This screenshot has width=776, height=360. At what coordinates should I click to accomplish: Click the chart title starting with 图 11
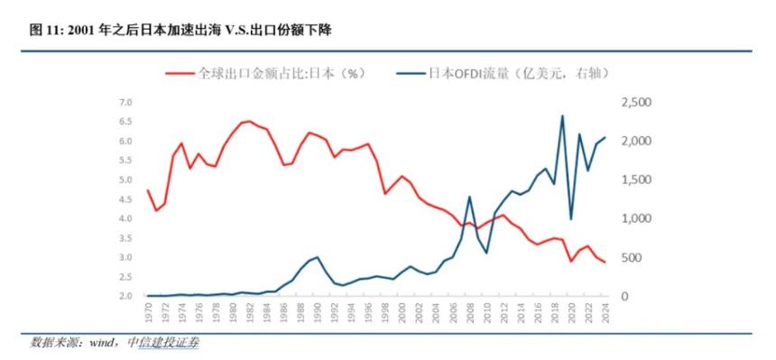pos(181,31)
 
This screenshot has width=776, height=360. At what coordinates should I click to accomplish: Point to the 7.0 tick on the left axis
pos(126,103)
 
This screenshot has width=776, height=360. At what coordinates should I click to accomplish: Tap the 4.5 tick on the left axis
pos(126,199)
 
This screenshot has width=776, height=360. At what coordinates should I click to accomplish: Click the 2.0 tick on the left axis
pos(126,296)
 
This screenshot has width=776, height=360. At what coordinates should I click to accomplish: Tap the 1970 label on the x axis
pos(148,313)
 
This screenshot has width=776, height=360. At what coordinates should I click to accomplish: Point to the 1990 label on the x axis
pos(317,313)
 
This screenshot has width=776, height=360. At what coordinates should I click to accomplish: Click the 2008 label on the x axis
pos(469,313)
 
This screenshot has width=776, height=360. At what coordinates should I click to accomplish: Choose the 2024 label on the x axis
pos(605,313)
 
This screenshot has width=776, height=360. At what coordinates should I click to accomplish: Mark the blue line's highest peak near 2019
pos(562,115)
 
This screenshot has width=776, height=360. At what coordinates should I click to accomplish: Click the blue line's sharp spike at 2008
pos(469,197)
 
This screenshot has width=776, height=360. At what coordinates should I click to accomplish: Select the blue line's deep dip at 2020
pos(571,218)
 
